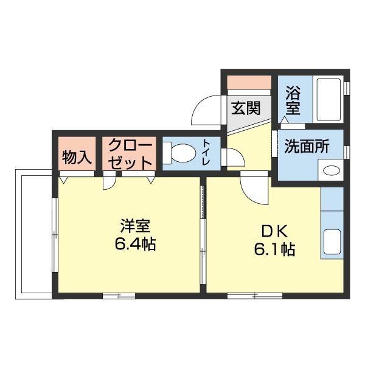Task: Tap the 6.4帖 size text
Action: (134, 245)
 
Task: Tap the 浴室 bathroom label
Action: (293, 102)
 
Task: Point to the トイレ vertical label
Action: (207, 151)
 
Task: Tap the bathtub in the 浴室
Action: (329, 100)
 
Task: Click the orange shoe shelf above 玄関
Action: (249, 82)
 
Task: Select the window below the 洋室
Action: (119, 296)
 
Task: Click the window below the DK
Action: (255, 296)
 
